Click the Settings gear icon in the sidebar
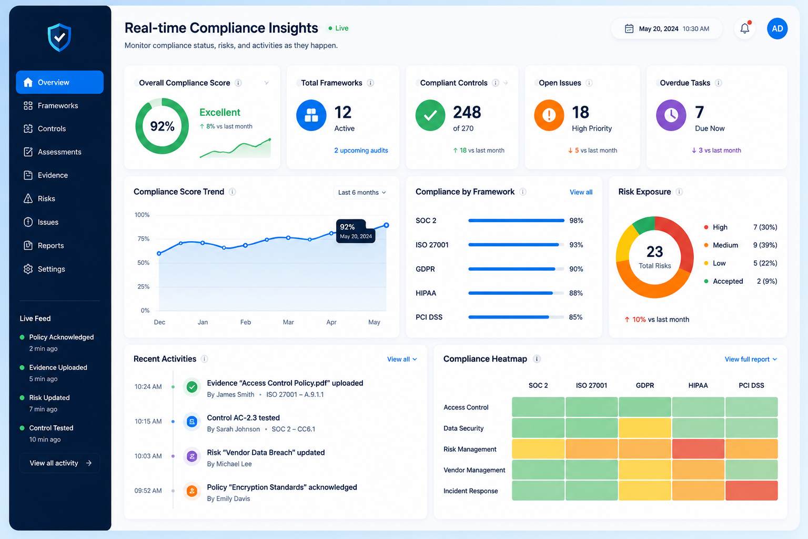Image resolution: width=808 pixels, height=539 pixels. (x=28, y=269)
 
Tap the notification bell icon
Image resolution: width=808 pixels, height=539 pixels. (x=744, y=28)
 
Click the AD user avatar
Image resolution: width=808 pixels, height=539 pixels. (x=777, y=28)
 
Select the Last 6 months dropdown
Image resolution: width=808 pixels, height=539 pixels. (x=361, y=193)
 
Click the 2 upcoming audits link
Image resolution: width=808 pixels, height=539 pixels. (x=361, y=150)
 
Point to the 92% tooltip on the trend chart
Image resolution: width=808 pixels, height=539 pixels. (x=356, y=231)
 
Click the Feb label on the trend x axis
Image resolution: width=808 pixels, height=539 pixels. (x=246, y=322)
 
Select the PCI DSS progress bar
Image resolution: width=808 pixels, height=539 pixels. (x=516, y=317)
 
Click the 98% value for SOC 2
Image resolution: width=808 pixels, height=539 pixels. (x=576, y=221)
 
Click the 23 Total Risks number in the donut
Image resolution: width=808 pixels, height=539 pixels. (x=655, y=252)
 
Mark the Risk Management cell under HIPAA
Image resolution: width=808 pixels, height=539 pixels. (x=698, y=449)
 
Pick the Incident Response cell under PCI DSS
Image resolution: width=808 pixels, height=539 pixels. (x=751, y=491)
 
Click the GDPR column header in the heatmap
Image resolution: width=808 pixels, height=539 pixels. (x=644, y=386)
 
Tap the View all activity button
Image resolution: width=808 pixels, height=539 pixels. (x=60, y=463)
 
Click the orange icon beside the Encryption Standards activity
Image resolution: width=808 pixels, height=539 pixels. (x=192, y=491)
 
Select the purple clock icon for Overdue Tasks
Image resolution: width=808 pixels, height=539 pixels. (x=671, y=115)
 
